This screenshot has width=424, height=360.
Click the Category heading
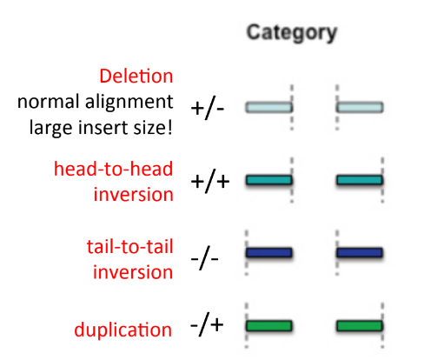(x=291, y=33)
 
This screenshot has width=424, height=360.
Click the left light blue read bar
(x=268, y=108)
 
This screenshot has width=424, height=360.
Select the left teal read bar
(x=268, y=181)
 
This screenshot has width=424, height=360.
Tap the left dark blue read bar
(x=269, y=253)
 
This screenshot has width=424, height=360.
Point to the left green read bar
(x=269, y=326)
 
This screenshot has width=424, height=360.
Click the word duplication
(x=123, y=330)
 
